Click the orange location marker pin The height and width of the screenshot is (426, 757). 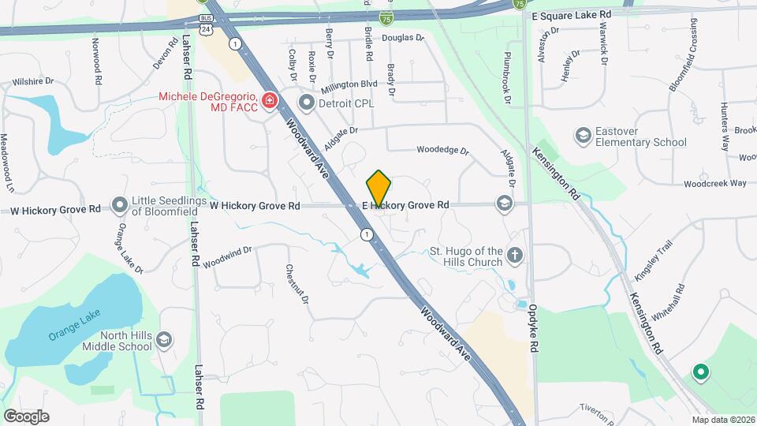pos(379,188)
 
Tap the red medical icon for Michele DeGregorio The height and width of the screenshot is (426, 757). pos(270,101)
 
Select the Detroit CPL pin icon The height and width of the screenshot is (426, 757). pos(306,103)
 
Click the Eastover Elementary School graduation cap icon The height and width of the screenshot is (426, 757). pos(584,136)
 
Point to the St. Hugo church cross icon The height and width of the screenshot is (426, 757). pos(514,255)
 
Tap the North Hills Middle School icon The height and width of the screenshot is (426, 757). pos(164,340)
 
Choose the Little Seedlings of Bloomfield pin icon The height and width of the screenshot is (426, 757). pos(120,205)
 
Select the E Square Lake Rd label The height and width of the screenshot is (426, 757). pos(572,15)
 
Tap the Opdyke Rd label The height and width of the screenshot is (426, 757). pos(534,335)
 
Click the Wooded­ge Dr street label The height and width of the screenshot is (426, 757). pos(442,149)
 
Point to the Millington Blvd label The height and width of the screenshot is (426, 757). pos(349,84)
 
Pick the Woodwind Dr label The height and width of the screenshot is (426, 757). pos(226,257)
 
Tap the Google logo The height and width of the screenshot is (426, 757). pos(26,417)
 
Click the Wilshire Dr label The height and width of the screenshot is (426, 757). pos(32,81)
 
